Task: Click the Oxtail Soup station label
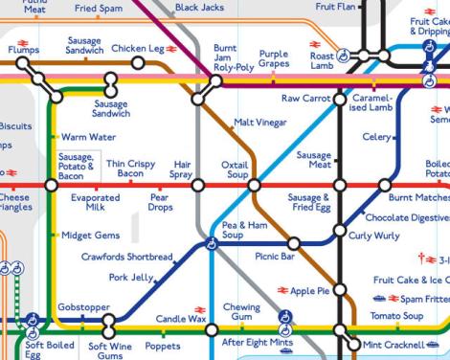(235, 169)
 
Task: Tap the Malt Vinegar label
(259, 123)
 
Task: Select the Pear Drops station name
(161, 202)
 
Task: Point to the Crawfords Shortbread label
(127, 257)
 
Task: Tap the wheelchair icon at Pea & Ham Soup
(212, 244)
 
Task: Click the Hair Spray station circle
(198, 185)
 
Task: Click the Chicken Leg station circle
(138, 63)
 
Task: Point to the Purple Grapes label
(274, 58)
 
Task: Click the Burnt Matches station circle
(384, 185)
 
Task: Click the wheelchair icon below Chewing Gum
(283, 318)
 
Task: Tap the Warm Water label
(88, 137)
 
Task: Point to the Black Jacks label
(199, 8)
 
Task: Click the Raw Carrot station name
(305, 99)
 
